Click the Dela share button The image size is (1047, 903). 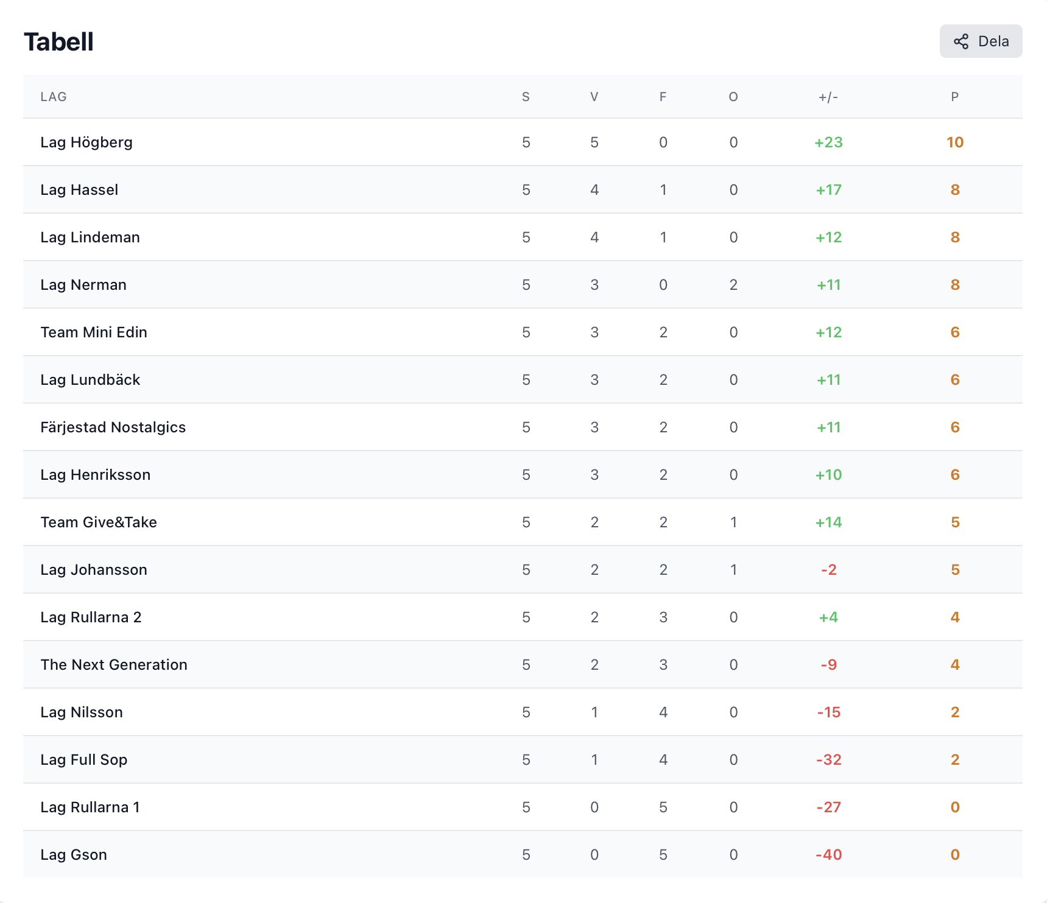pyautogui.click(x=981, y=41)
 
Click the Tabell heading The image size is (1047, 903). pyautogui.click(x=58, y=42)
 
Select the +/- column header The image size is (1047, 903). pyautogui.click(x=828, y=97)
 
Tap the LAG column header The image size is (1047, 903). pyautogui.click(x=54, y=97)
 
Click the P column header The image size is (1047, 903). pyautogui.click(x=955, y=97)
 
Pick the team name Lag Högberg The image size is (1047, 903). pyautogui.click(x=86, y=142)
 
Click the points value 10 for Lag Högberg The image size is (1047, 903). pyautogui.click(x=955, y=142)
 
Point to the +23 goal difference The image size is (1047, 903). pyautogui.click(x=828, y=142)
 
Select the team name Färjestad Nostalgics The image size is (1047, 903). pyautogui.click(x=113, y=427)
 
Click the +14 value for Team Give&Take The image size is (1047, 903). pyautogui.click(x=828, y=522)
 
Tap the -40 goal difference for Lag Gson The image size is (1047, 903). pyautogui.click(x=828, y=855)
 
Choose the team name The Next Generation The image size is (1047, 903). pyautogui.click(x=114, y=665)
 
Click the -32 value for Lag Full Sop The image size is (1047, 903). pyautogui.click(x=828, y=760)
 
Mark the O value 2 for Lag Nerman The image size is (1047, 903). pyautogui.click(x=733, y=285)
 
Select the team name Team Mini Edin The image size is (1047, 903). pyautogui.click(x=94, y=332)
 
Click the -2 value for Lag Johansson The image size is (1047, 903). pyautogui.click(x=828, y=570)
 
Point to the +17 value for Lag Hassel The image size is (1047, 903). pyautogui.click(x=828, y=190)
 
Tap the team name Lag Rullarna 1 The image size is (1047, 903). pyautogui.click(x=90, y=807)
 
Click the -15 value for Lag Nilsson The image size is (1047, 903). pyautogui.click(x=828, y=712)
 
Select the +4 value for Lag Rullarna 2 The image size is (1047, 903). pyautogui.click(x=828, y=617)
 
